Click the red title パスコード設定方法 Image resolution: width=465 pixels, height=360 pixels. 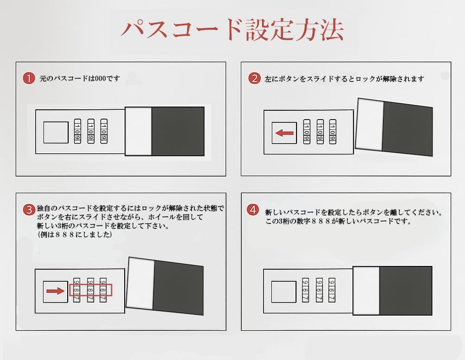(x=232, y=30)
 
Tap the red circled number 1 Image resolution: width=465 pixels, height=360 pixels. (x=29, y=78)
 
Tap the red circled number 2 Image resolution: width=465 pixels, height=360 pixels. (x=254, y=78)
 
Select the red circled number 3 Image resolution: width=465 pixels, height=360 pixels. (x=29, y=210)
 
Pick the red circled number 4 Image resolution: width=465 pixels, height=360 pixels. (x=253, y=210)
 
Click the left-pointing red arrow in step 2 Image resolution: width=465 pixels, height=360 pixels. (x=284, y=133)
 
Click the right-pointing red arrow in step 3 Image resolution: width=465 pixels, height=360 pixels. (x=56, y=291)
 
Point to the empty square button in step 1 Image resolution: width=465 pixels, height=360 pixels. (x=56, y=132)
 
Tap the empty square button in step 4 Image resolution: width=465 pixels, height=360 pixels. (x=284, y=292)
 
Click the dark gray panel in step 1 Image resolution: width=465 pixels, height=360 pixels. (x=178, y=131)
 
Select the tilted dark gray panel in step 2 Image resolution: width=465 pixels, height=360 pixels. (x=407, y=128)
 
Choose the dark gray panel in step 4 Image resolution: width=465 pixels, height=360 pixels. (x=406, y=291)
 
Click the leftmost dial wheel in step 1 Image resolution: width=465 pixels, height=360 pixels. (x=77, y=131)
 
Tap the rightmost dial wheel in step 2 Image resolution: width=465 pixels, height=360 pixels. (x=333, y=132)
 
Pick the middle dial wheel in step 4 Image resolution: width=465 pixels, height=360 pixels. (x=319, y=290)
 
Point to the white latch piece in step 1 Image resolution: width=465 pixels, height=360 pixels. (x=138, y=131)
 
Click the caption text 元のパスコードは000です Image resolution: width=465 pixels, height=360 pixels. (x=80, y=78)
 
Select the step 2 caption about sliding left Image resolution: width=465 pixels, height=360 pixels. (x=344, y=79)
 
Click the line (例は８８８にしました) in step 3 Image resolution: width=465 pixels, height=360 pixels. (x=75, y=234)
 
